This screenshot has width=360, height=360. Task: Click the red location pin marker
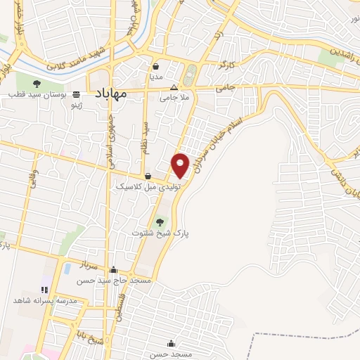click(181, 165)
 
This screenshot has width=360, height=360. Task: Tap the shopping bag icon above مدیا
click(155, 66)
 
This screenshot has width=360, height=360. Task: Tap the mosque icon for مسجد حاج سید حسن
click(114, 270)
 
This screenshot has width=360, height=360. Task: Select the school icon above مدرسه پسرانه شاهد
click(44, 289)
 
